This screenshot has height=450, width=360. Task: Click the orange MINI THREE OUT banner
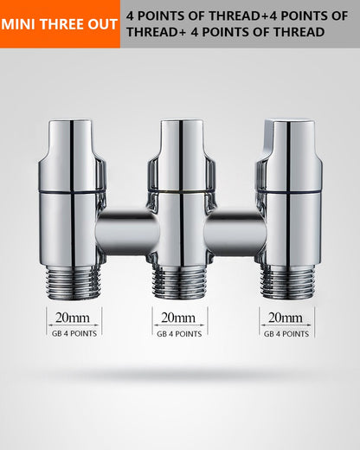tap(60, 24)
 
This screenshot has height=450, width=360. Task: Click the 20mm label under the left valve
tap(73, 318)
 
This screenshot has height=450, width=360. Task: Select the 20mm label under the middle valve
tap(178, 318)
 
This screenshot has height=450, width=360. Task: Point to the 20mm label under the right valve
tap(286, 318)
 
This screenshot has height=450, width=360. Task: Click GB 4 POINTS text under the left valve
tap(74, 333)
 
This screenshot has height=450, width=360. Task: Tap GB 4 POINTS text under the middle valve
tap(179, 334)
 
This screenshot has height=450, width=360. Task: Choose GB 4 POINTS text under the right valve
tap(286, 334)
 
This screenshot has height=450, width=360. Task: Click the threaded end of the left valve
tap(73, 283)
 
